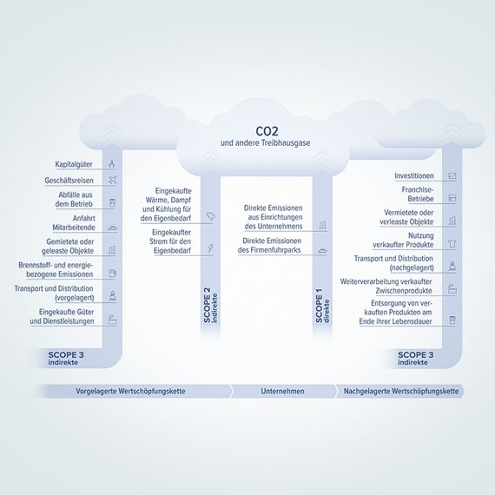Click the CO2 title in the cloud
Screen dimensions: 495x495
(267, 131)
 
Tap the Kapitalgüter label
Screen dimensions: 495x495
(74, 164)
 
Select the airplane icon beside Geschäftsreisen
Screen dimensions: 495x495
(112, 180)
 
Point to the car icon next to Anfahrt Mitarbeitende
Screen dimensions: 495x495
(112, 228)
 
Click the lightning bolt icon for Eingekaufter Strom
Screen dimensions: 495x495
(210, 248)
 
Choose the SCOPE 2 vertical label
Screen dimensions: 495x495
(210, 305)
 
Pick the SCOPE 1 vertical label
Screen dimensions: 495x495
(322, 305)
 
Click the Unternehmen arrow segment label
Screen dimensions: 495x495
(282, 391)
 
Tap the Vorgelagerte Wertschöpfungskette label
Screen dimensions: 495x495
(130, 391)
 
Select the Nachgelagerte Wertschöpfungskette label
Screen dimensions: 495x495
(401, 391)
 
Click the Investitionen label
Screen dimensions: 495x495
(414, 175)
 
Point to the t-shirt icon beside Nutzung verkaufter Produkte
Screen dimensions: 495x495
(452, 243)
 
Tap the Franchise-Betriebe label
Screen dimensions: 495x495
(418, 195)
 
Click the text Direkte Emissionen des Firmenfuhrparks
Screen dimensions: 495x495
(269, 245)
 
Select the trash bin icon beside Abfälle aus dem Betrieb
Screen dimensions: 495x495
(112, 202)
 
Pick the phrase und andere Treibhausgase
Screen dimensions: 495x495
(265, 142)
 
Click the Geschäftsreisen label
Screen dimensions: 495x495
(69, 181)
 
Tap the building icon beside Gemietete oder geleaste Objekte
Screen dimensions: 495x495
(112, 250)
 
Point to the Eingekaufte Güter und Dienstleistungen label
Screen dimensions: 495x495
(62, 317)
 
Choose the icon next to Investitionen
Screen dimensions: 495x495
(452, 175)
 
